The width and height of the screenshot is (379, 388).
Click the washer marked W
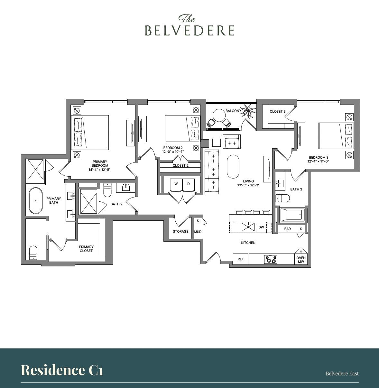click(x=176, y=184)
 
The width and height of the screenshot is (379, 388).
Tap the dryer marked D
click(x=189, y=184)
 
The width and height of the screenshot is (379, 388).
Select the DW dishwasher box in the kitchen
click(x=261, y=227)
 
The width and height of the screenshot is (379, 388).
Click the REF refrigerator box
click(x=241, y=259)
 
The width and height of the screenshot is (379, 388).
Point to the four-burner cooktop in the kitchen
click(x=270, y=259)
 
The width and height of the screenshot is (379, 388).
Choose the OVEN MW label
click(x=301, y=260)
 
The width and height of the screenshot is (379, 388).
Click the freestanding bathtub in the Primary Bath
click(x=36, y=201)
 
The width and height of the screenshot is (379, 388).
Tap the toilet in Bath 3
click(x=279, y=198)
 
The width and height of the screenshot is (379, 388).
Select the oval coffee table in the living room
click(x=233, y=166)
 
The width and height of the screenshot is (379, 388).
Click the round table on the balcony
click(x=219, y=115)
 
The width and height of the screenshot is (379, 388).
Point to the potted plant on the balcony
click(x=248, y=111)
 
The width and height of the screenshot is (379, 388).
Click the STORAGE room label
click(x=180, y=231)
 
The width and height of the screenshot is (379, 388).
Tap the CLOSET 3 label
click(x=277, y=111)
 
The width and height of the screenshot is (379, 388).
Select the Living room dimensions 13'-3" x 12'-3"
click(x=248, y=185)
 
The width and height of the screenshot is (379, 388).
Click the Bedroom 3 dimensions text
click(x=318, y=162)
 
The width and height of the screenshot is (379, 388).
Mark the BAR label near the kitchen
click(x=287, y=229)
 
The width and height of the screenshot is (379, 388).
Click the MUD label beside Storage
click(x=198, y=232)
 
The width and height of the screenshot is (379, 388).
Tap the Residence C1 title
click(x=62, y=370)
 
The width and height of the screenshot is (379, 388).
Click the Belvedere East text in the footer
click(x=342, y=374)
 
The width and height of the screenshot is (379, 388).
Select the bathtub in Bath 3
click(x=292, y=215)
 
